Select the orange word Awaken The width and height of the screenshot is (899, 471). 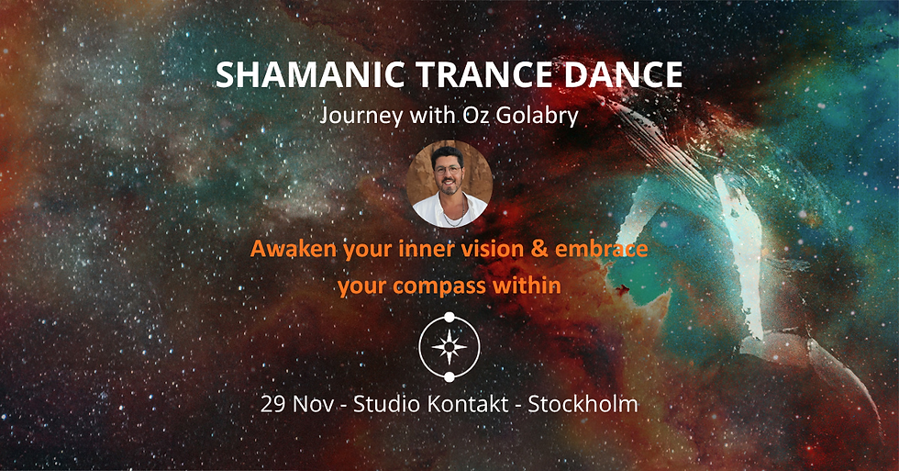point(290,251)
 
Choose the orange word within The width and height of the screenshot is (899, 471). point(527,286)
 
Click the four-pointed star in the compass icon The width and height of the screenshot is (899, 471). point(449,346)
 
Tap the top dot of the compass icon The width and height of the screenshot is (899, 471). point(449,318)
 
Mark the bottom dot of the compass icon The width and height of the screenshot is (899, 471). point(449,376)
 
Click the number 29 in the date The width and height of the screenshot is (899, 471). point(272,404)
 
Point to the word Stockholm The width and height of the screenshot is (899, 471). point(583,404)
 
